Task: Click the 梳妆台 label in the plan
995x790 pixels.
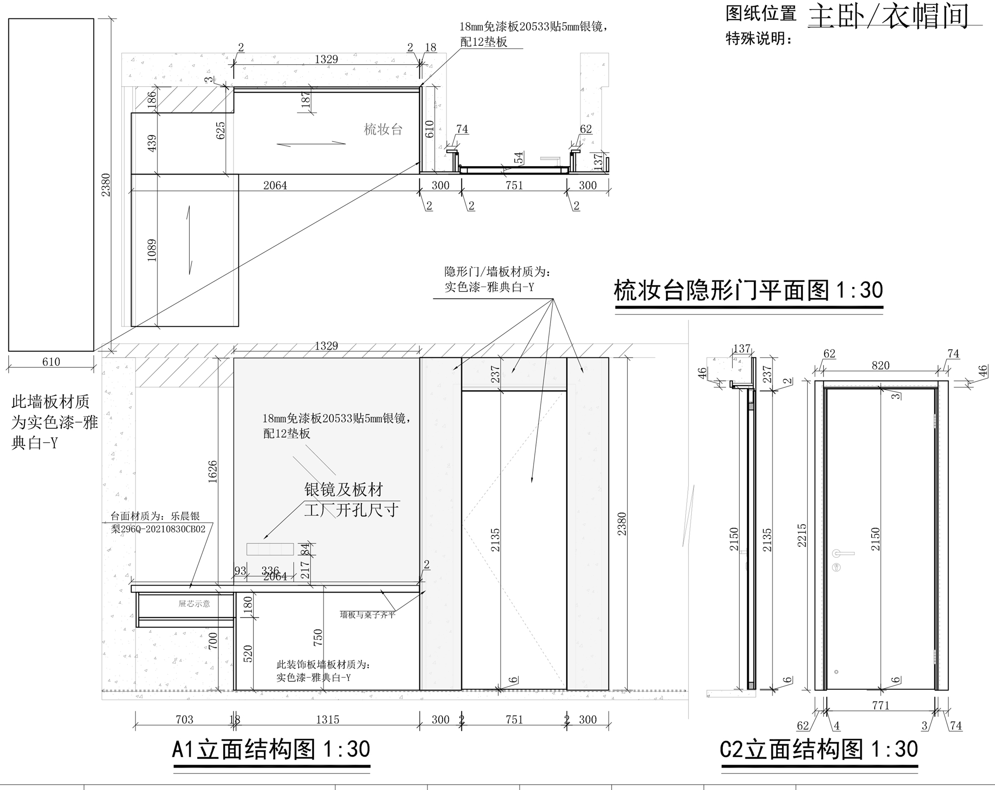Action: pyautogui.click(x=383, y=129)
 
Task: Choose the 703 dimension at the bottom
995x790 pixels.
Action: pyautogui.click(x=185, y=719)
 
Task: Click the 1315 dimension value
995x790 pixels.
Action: pyautogui.click(x=328, y=719)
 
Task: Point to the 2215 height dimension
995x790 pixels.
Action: pyautogui.click(x=802, y=536)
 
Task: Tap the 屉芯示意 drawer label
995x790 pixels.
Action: pyautogui.click(x=194, y=603)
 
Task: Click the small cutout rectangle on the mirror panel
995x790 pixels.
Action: pyautogui.click(x=270, y=549)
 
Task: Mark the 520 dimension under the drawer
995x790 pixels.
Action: pyautogui.click(x=248, y=654)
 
